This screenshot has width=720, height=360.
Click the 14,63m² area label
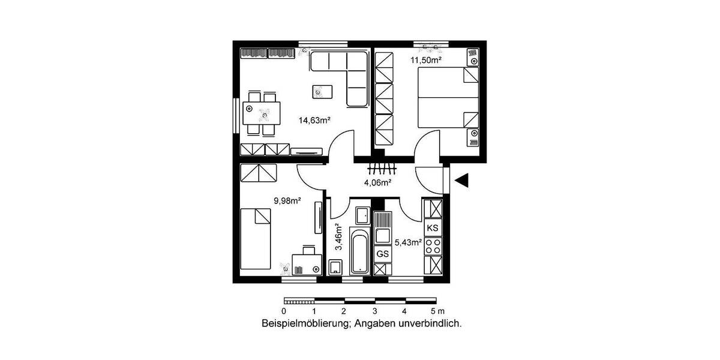point(315,120)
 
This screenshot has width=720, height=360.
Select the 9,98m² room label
point(287,201)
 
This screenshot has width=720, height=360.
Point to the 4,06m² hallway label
point(377,182)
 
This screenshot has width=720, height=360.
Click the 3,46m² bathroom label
point(338,236)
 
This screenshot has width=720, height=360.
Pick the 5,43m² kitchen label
point(408,242)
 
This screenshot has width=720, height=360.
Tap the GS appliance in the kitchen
point(383,254)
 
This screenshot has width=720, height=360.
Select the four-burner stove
point(433,246)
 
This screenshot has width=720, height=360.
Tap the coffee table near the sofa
point(322,92)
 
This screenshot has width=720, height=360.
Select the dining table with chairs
point(262,113)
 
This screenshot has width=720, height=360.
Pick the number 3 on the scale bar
point(374,311)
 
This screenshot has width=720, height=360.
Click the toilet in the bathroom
point(335,266)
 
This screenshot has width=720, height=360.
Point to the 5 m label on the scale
point(437,311)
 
